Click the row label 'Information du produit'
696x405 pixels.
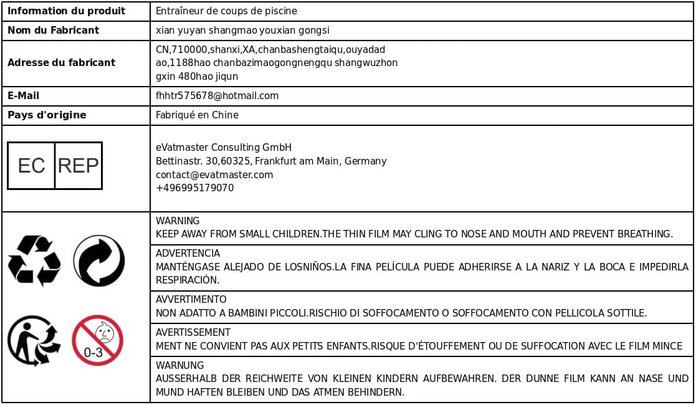pos(66,11)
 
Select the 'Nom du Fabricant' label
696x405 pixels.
pos(53,30)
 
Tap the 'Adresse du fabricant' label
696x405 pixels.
pos(61,62)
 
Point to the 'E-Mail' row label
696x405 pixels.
pos(23,96)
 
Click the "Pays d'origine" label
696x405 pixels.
pos(47,115)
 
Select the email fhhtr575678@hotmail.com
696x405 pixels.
pos(217,96)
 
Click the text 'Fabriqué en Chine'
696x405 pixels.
pos(197,115)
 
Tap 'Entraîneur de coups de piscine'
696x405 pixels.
pos(226,11)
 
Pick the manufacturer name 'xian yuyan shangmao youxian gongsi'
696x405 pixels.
pos(242,30)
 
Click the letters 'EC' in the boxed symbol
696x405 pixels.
pos(31,166)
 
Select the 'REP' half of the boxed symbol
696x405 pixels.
pos(78,166)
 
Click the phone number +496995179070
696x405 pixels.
pos(194,188)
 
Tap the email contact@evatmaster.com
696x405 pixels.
pos(214,174)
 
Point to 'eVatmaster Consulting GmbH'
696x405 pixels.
pos(224,148)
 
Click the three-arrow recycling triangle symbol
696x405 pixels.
pos(34,260)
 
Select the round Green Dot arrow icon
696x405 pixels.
pos(98,260)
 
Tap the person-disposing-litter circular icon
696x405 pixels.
pos(34,340)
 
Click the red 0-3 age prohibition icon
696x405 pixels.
pos(98,340)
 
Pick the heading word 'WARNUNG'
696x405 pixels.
pos(179,366)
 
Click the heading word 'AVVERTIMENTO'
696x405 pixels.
pos(191,300)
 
